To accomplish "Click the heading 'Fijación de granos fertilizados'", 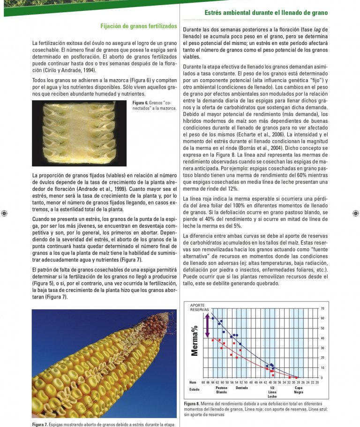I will click(x=139, y=26).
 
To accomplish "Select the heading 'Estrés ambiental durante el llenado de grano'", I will click(x=266, y=12).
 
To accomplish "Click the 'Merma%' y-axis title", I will click(x=195, y=341).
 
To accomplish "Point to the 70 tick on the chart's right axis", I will click(x=309, y=308).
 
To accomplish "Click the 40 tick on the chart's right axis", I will click(x=309, y=338).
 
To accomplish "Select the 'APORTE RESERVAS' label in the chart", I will click(x=199, y=308).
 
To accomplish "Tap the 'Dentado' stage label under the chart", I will click(x=242, y=388).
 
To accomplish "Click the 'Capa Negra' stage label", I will click(x=298, y=390).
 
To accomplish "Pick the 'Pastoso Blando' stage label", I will click(x=222, y=390).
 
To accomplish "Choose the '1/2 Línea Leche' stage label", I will click(x=272, y=392).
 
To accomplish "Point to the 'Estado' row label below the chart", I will click(x=194, y=390).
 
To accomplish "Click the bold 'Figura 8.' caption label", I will click(x=192, y=404).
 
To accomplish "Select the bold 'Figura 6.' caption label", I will click(x=140, y=103).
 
